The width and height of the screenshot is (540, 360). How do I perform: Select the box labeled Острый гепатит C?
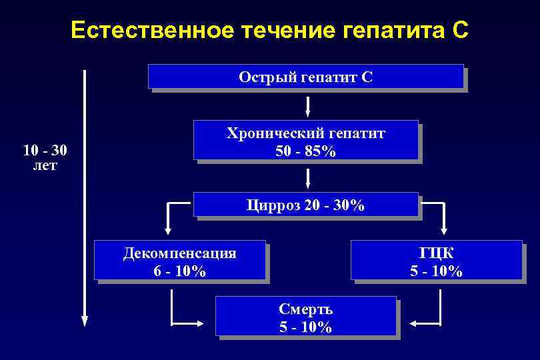[x=305, y=77]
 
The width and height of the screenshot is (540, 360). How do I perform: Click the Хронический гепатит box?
[x=305, y=140]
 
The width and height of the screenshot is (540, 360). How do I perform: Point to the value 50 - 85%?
[x=306, y=151]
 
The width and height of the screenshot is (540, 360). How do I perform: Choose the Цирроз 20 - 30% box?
[x=305, y=205]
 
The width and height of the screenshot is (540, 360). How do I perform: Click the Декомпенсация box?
[x=179, y=260]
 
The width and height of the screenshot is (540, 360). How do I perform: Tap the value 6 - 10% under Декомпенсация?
[x=179, y=271]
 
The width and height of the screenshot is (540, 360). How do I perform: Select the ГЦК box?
[x=436, y=260]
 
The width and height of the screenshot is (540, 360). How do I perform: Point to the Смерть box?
[x=305, y=316]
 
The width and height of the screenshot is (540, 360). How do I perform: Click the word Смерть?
[x=305, y=309]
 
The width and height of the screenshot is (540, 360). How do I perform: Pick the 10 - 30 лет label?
[x=45, y=157]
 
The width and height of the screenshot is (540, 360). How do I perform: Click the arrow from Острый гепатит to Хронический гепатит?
[x=308, y=106]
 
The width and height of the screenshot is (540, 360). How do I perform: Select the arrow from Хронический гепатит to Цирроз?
[x=308, y=177]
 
